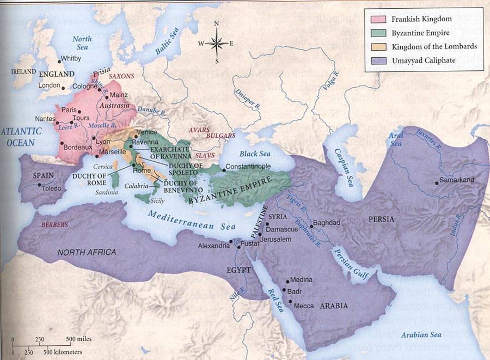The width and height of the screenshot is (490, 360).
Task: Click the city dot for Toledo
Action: pos(39,185)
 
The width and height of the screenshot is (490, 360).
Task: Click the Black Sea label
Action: pos(254,154)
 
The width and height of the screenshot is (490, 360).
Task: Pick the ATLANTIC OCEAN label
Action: pos(21,137)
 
